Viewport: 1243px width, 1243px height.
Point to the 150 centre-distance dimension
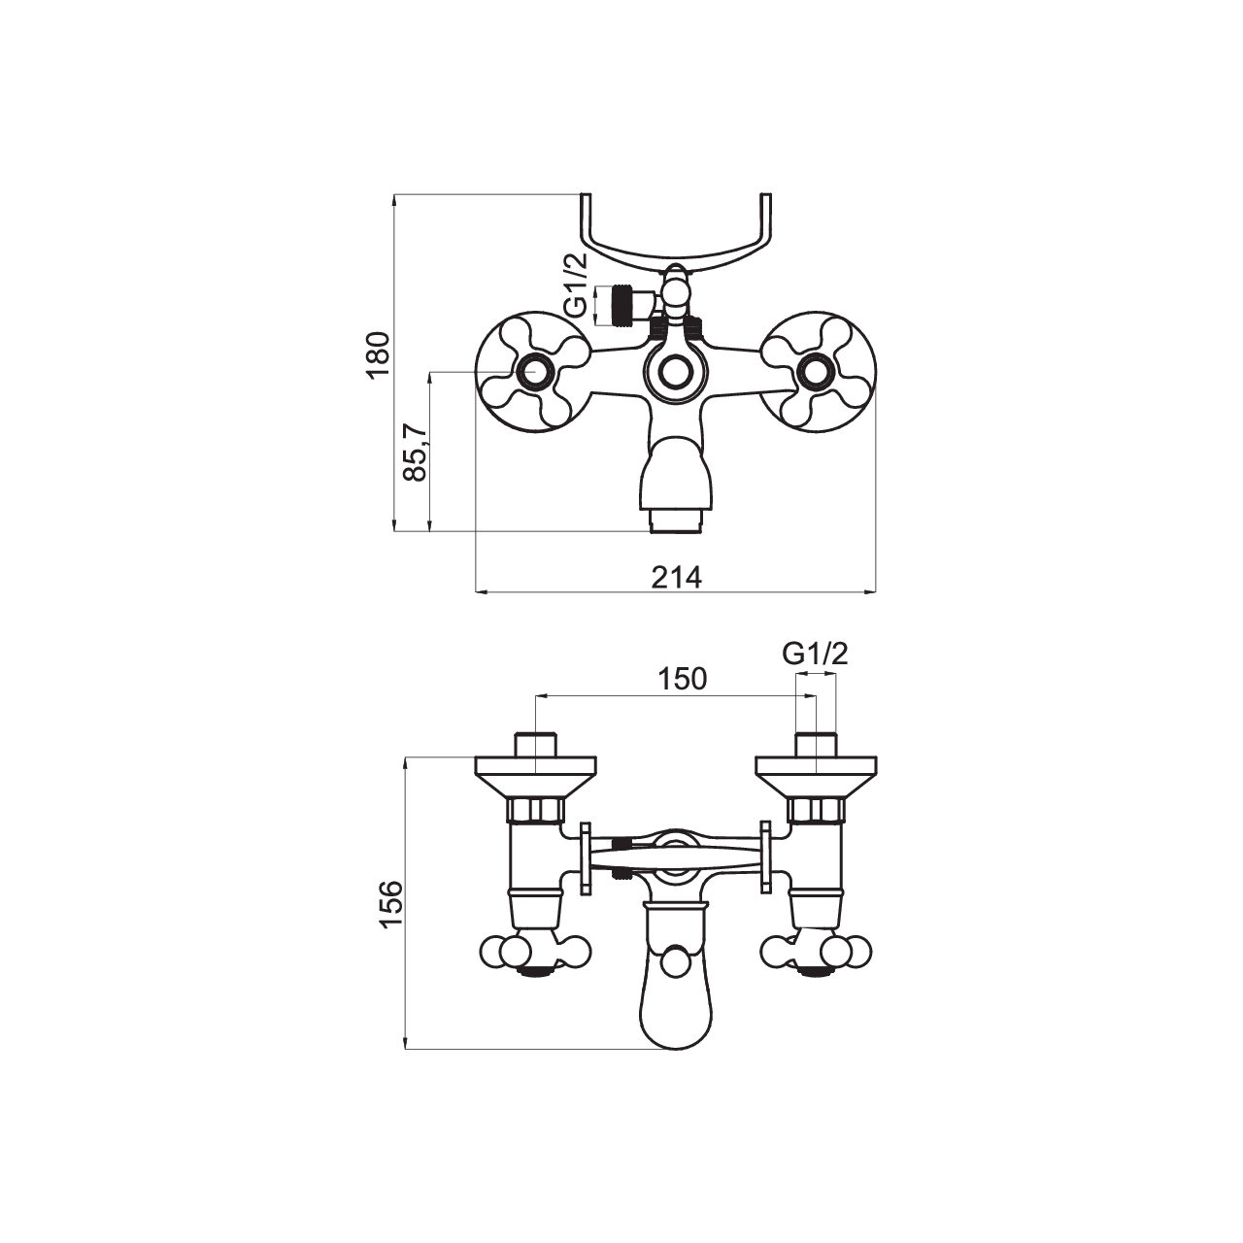[x=683, y=679]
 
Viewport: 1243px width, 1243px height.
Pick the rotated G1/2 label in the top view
[x=577, y=286]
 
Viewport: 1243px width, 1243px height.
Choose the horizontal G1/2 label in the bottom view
[x=816, y=655]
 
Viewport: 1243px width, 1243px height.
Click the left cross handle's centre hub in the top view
[x=535, y=372]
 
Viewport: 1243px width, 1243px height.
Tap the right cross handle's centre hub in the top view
[x=815, y=372]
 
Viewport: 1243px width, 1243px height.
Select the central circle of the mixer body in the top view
[x=675, y=372]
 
